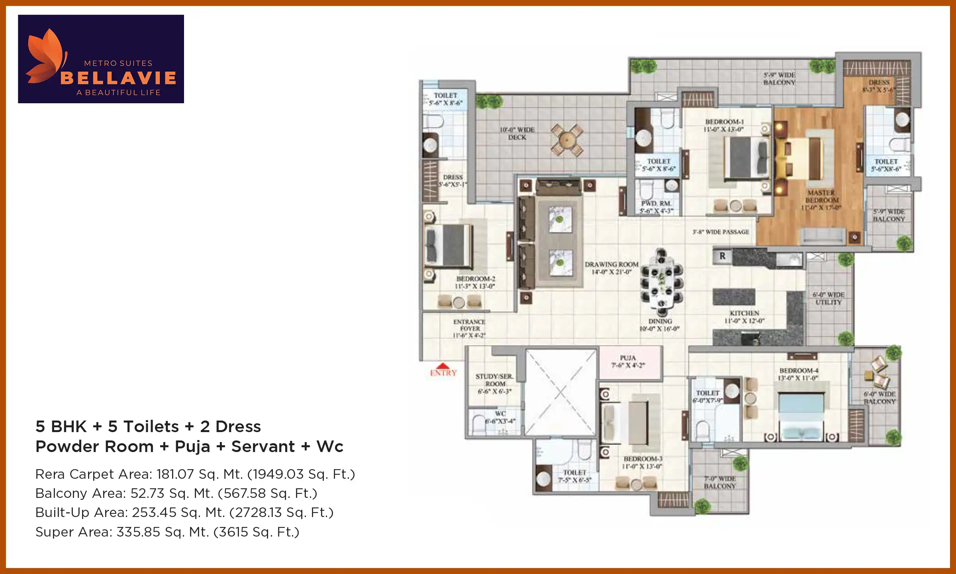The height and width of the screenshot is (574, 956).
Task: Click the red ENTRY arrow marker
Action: click(443, 366)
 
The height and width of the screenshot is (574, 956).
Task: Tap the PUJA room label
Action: click(628, 362)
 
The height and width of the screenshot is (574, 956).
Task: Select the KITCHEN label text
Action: click(744, 317)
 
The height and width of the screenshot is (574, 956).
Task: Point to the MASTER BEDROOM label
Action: click(821, 200)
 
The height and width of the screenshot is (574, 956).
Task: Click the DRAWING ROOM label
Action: click(611, 268)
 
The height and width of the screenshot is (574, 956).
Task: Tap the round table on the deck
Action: click(566, 140)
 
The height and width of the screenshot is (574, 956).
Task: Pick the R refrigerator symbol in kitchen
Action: click(722, 256)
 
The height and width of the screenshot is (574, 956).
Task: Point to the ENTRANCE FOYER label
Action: click(469, 328)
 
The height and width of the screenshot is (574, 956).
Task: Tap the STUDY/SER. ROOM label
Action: click(494, 383)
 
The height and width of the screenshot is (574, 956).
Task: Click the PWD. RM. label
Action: click(656, 207)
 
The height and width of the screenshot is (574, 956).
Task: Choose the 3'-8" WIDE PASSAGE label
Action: click(721, 232)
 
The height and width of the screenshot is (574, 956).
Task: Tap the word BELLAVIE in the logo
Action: click(118, 78)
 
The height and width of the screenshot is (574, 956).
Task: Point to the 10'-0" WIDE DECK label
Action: click(517, 134)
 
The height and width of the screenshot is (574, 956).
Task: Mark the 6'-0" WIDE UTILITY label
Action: click(829, 299)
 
